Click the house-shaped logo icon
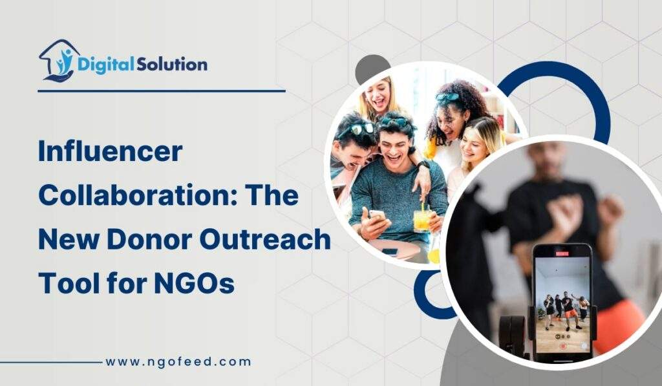pyautogui.click(x=59, y=61)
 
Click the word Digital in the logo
pyautogui.click(x=105, y=64)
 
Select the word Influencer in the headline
pyautogui.click(x=110, y=153)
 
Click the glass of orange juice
pyautogui.click(x=422, y=220)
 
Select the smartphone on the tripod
pyautogui.click(x=561, y=301)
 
